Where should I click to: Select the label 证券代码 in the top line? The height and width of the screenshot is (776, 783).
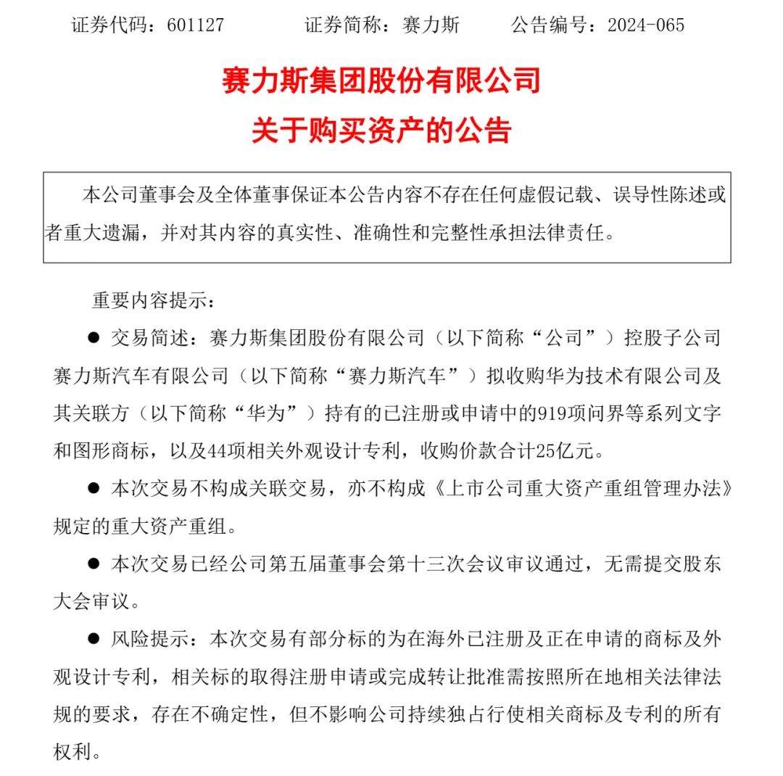click(x=105, y=25)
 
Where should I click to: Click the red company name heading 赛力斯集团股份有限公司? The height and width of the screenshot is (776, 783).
click(x=381, y=81)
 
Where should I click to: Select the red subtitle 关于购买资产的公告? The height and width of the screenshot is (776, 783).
click(x=381, y=131)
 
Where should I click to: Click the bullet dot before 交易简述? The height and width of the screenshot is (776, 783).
click(x=93, y=338)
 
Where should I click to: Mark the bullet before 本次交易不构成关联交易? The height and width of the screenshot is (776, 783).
click(x=93, y=488)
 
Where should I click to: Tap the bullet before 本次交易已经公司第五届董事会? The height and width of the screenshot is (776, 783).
click(x=93, y=563)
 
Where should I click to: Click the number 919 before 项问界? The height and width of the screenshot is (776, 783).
click(x=546, y=413)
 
